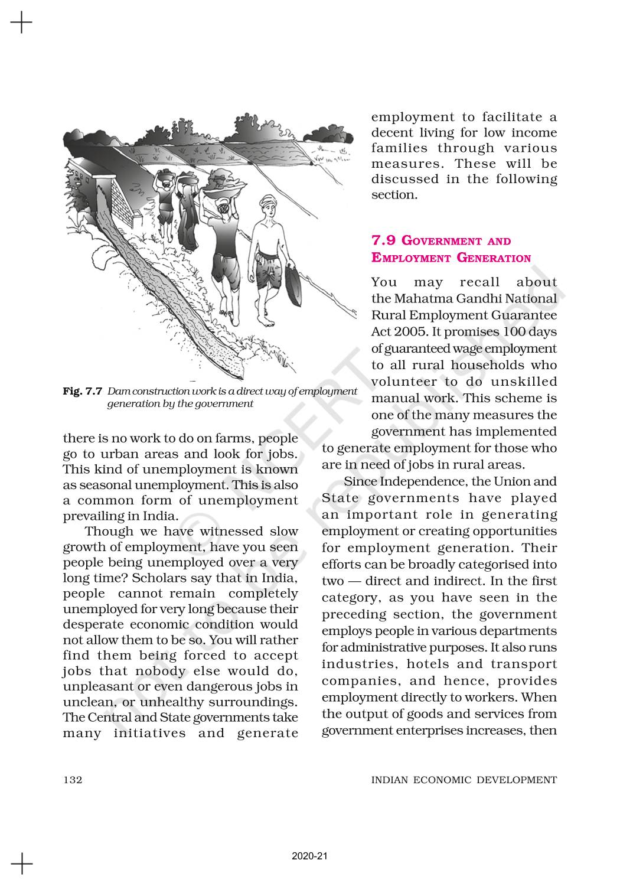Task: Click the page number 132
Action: pos(73,780)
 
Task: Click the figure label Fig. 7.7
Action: pos(83,391)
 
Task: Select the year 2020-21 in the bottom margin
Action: pos(309,855)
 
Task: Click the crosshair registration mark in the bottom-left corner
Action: pos(21,864)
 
